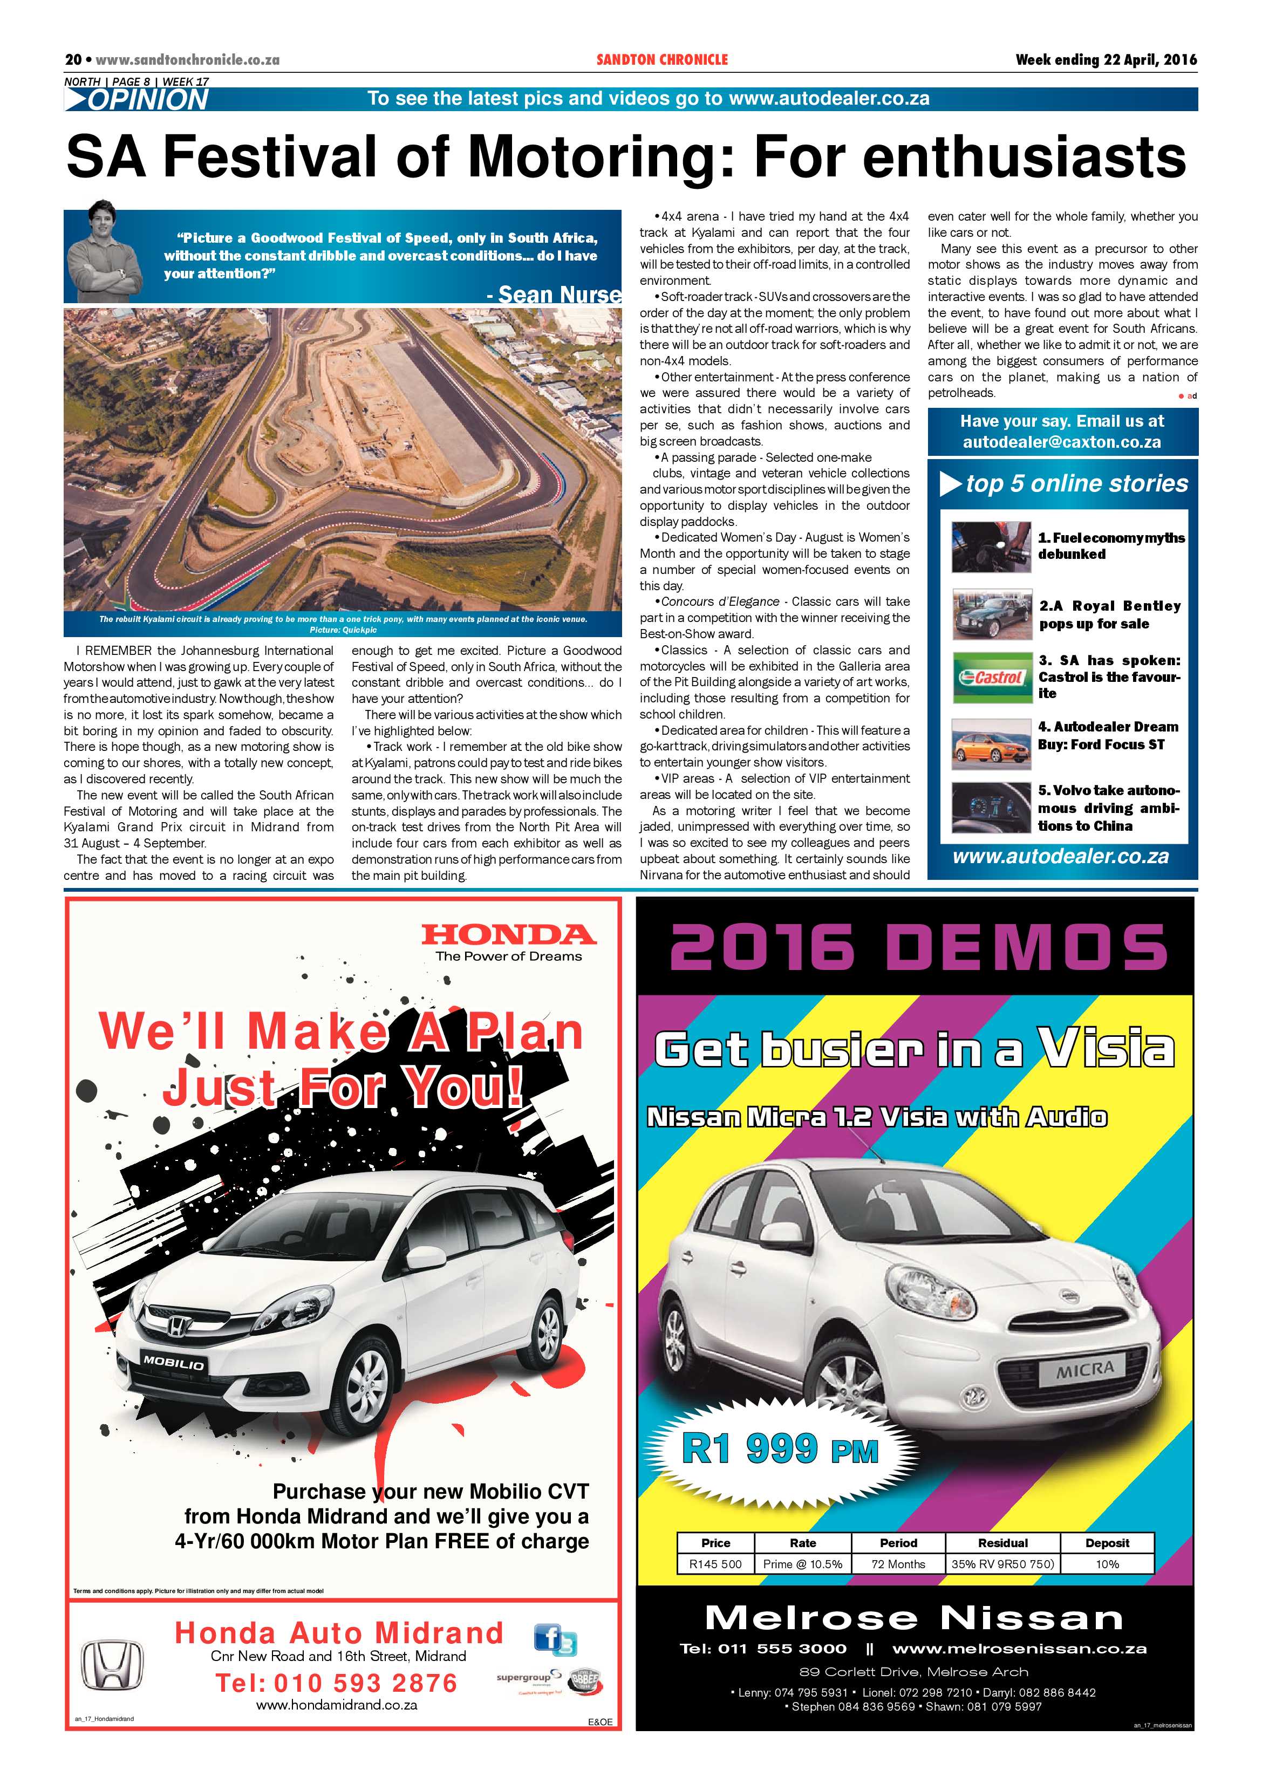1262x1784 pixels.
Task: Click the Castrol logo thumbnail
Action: tap(991, 678)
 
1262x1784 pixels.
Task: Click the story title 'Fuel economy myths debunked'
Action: tap(1111, 545)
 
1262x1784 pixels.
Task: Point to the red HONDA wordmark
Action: tap(508, 935)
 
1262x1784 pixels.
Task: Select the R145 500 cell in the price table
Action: tap(715, 1563)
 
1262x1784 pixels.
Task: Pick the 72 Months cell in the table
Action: tap(898, 1563)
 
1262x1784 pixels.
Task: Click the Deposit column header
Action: tap(1107, 1542)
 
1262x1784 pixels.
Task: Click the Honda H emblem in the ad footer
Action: tap(113, 1665)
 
